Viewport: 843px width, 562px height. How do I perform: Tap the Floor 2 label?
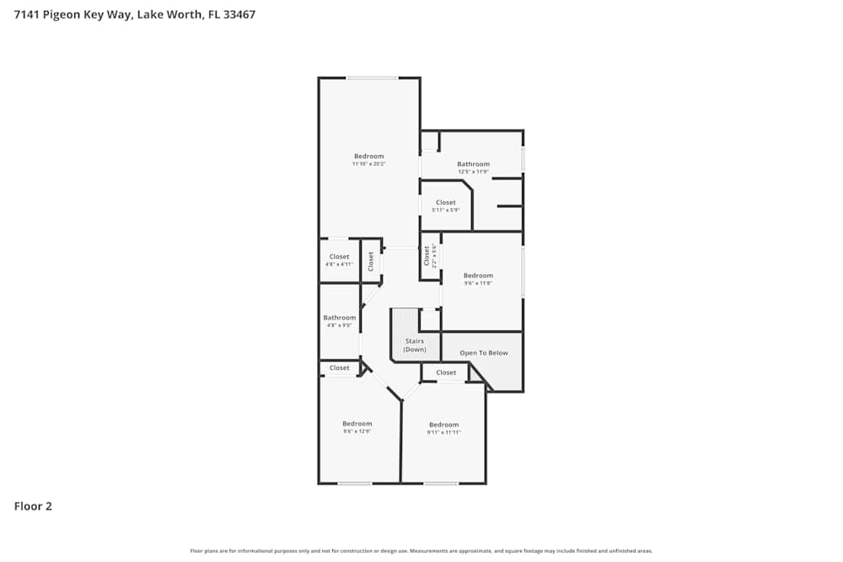click(33, 506)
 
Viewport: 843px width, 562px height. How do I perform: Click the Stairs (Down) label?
click(415, 345)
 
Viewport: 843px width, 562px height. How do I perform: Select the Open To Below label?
click(483, 353)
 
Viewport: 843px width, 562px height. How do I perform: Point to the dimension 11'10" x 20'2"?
click(368, 163)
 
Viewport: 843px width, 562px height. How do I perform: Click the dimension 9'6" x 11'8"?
click(478, 283)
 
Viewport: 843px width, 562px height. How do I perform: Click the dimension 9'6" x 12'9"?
click(357, 431)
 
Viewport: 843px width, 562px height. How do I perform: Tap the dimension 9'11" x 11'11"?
click(443, 432)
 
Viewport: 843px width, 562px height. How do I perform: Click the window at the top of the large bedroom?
click(372, 78)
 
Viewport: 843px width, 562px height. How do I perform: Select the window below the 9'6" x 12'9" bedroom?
click(355, 483)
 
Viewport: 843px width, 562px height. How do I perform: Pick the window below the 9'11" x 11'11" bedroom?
click(441, 483)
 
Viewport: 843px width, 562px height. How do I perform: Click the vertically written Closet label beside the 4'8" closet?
click(371, 261)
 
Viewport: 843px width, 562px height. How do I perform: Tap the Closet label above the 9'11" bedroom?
click(446, 372)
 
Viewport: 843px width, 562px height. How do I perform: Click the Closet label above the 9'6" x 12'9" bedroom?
click(340, 368)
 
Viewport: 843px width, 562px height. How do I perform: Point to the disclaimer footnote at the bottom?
click(421, 551)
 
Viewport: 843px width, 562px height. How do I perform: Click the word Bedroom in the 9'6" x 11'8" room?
click(478, 276)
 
